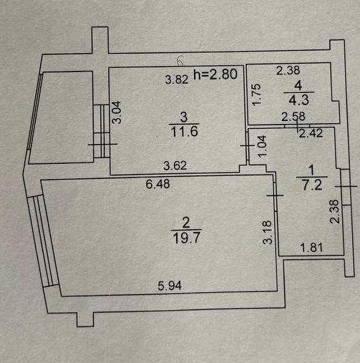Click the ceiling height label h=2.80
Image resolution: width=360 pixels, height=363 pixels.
tap(215, 74)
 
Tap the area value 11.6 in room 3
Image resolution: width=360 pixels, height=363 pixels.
tap(185, 131)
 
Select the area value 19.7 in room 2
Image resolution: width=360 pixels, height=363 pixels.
tap(186, 238)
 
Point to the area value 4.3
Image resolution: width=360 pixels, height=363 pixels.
tap(299, 100)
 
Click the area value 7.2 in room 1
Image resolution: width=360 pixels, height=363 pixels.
tap(312, 185)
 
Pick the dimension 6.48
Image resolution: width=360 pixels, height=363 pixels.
tap(158, 184)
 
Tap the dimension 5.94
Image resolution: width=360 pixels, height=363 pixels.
tap(170, 286)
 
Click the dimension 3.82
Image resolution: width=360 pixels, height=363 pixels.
tap(177, 79)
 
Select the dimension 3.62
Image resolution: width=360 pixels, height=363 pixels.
tap(175, 165)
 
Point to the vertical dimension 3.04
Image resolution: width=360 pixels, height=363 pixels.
tap(117, 112)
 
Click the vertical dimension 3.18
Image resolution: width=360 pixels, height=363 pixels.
tap(268, 232)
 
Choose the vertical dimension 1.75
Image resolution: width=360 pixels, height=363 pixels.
tap(257, 95)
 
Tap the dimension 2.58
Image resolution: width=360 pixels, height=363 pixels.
tap(293, 117)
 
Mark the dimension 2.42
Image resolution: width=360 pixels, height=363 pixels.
tap(311, 133)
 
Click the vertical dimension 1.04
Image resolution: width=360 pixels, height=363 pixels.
tap(262, 146)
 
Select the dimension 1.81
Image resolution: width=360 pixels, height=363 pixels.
tap(312, 248)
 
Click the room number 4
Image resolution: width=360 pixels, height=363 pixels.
tap(298, 86)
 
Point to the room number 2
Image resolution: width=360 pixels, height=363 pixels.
tap(186, 223)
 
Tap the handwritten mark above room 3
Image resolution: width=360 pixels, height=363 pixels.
tap(180, 61)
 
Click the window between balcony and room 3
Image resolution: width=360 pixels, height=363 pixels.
tap(102, 131)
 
